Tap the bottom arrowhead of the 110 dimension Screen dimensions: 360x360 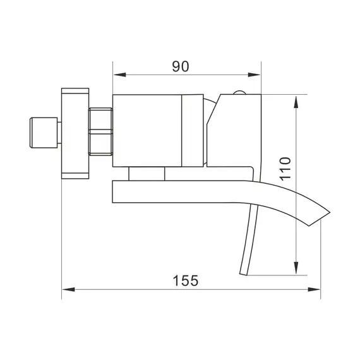click(296, 270)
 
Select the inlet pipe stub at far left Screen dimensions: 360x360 click(44, 133)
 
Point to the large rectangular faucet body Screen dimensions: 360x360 click(147, 131)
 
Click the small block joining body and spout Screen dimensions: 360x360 click(146, 174)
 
